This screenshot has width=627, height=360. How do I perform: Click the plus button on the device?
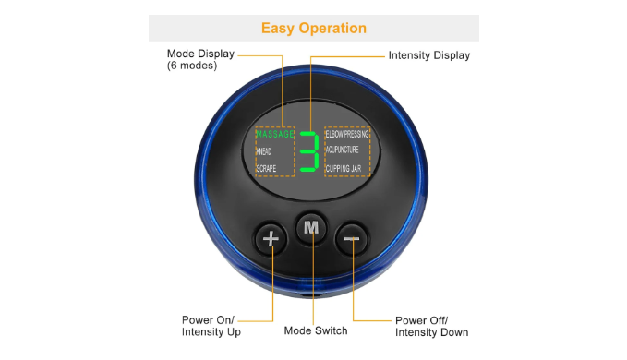click(x=271, y=239)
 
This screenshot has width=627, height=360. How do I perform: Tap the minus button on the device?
click(x=352, y=239)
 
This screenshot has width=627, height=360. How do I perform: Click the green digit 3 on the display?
click(x=309, y=151)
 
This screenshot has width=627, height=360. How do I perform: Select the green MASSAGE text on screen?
click(x=275, y=134)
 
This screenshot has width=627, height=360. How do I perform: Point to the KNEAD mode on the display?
click(x=263, y=151)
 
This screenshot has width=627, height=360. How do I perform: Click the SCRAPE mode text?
click(x=266, y=168)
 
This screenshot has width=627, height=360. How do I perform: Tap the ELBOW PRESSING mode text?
click(x=347, y=134)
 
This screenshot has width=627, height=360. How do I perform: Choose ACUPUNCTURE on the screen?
click(x=342, y=150)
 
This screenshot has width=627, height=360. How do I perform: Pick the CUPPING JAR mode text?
click(x=344, y=168)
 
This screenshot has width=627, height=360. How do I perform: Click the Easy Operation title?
click(x=314, y=29)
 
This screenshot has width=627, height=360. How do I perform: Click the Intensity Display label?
click(x=429, y=55)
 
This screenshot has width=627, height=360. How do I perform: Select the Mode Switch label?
click(x=316, y=330)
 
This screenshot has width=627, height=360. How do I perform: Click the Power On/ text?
click(x=208, y=320)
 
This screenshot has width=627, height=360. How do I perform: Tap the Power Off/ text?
click(x=421, y=320)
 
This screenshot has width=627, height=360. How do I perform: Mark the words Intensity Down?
click(x=432, y=332)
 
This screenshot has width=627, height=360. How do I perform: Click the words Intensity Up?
click(x=211, y=332)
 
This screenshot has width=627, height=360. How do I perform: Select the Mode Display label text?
click(x=200, y=54)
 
